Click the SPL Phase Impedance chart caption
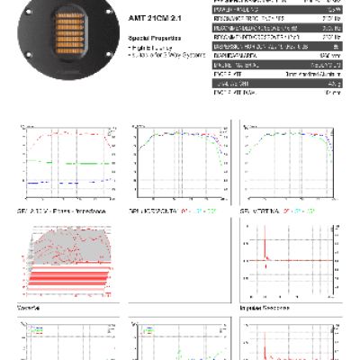(x=55, y=210)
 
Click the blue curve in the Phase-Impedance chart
(x=63, y=183)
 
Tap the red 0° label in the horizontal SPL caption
(x=184, y=210)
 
